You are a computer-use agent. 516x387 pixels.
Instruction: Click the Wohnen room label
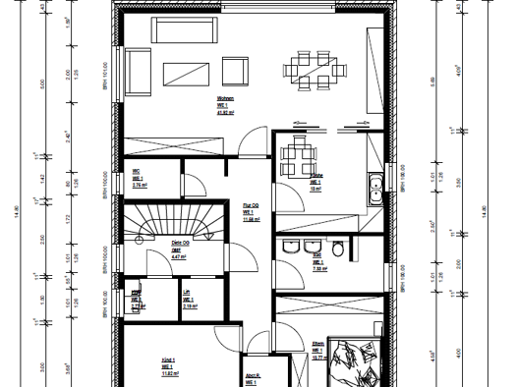point(225,106)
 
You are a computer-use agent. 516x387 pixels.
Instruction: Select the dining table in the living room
point(315,69)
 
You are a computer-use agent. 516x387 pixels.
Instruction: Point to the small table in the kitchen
point(296,154)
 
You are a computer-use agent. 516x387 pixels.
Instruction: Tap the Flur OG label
point(251,212)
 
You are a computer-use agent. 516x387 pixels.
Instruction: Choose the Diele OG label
point(181,248)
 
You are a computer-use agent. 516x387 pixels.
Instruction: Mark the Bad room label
point(317,264)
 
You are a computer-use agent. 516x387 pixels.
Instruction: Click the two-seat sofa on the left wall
point(137,71)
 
